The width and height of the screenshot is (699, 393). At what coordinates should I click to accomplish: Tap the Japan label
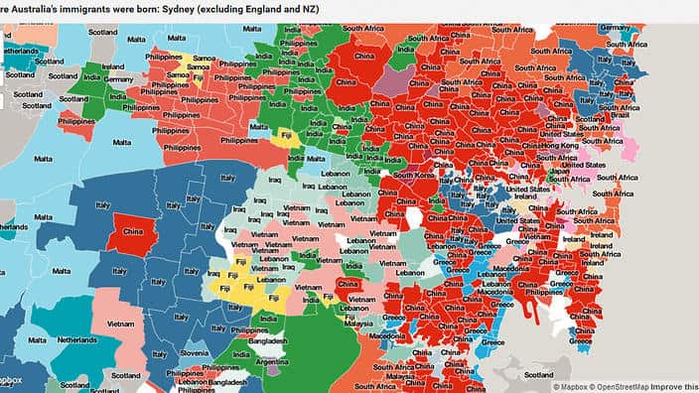coord(560,170)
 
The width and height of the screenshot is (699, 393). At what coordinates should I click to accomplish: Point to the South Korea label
coord(415,177)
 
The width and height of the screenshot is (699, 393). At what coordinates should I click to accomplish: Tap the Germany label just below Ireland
coord(120,78)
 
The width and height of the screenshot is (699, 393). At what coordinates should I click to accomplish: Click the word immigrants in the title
coord(86,8)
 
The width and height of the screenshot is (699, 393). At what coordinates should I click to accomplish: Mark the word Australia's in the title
coord(32,8)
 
